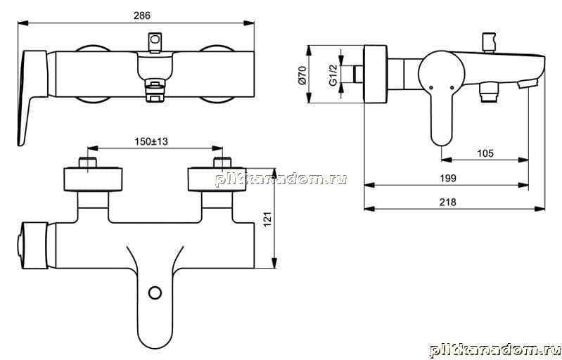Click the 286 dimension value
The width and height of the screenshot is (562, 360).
click(142, 15)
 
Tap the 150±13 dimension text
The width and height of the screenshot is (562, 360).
click(151, 141)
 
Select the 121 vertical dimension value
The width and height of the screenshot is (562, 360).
click(268, 219)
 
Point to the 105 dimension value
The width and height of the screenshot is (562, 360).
click(485, 153)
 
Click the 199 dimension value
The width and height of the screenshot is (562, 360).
click(447, 178)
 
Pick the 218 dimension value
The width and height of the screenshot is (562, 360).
click(447, 202)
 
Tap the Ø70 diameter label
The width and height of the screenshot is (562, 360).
click(302, 75)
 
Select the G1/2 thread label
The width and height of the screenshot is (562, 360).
click(333, 75)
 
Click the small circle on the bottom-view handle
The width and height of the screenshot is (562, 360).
click(155, 292)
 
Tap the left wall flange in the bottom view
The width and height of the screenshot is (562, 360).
click(93, 179)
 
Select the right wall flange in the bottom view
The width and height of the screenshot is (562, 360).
click(217, 179)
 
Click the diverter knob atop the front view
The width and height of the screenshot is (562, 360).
click(155, 42)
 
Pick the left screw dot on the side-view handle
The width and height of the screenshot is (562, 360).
click(430, 87)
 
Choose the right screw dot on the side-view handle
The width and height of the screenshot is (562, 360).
click(452, 87)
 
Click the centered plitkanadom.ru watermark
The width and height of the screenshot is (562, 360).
click(281, 179)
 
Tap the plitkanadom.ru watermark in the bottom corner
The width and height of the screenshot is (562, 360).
click(495, 349)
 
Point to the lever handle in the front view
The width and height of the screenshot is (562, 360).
click(32, 98)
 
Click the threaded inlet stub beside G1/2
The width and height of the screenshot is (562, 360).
click(359, 74)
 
